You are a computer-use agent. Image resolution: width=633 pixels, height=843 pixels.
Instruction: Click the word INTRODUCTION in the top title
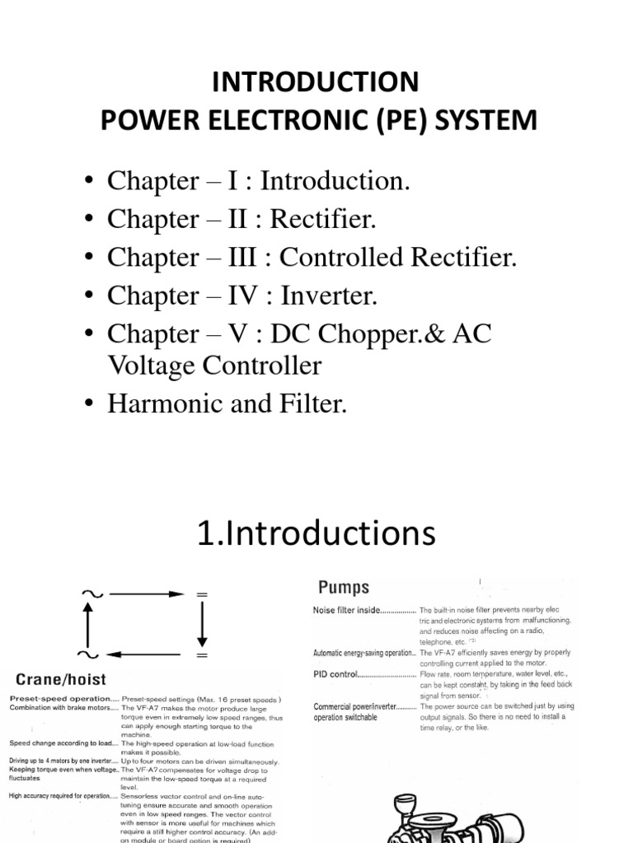point(316,82)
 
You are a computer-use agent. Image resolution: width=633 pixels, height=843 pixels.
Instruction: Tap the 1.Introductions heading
point(316,533)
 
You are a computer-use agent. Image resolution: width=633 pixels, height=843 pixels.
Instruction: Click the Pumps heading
point(344,588)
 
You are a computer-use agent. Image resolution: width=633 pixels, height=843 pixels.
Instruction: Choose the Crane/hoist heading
point(56,679)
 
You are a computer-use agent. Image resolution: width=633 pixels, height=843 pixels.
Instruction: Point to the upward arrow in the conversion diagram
point(87,623)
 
